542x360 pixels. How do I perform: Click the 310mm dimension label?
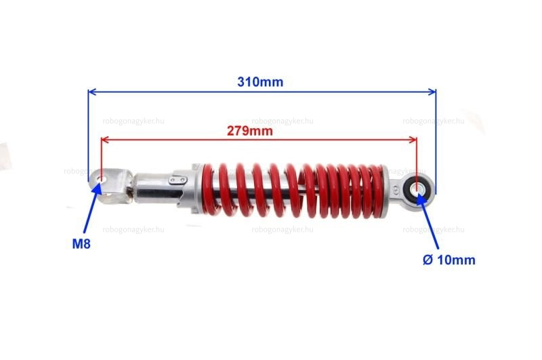pyautogui.click(x=260, y=82)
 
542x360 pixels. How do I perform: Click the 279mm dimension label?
pyautogui.click(x=249, y=131)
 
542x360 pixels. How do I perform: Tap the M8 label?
pyautogui.click(x=81, y=244)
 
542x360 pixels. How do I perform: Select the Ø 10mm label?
pyautogui.click(x=449, y=260)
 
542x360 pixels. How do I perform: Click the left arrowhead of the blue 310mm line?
pyautogui.click(x=91, y=92)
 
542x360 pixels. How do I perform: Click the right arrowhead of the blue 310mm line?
pyautogui.click(x=432, y=92)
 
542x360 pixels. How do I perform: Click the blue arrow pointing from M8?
pyautogui.click(x=92, y=207)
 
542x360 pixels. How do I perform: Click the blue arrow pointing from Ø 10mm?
pyautogui.click(x=428, y=221)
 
